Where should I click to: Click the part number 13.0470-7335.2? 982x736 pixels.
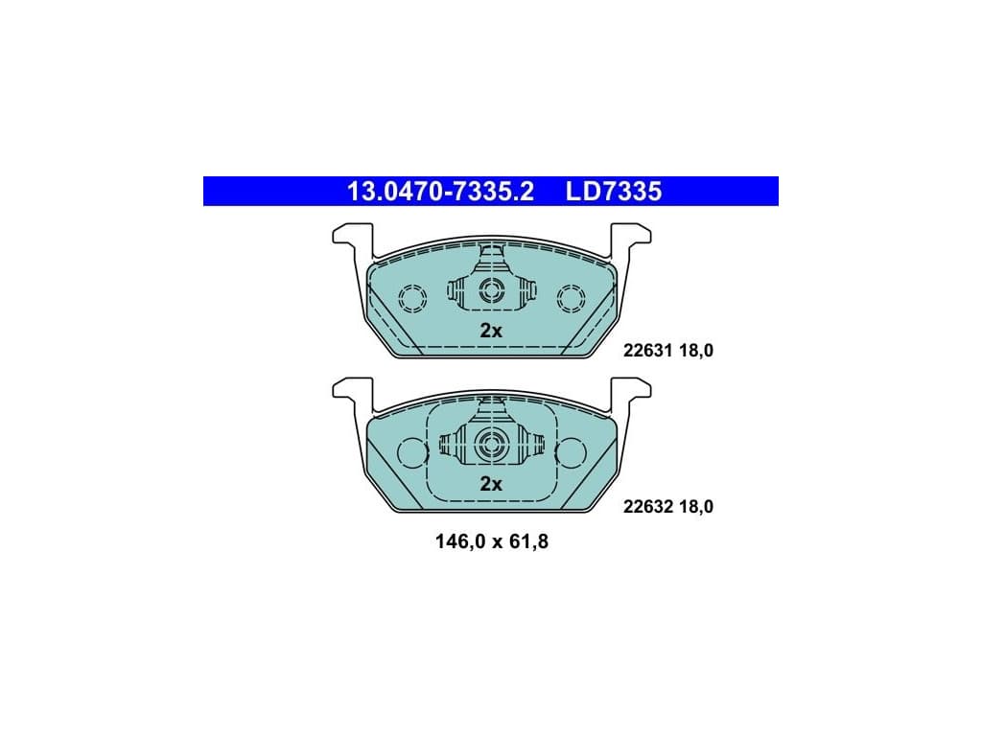point(440,192)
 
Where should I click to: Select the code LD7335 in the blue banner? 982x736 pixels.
point(614,192)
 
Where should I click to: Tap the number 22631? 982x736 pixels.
point(647,351)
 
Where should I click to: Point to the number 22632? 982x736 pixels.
point(647,506)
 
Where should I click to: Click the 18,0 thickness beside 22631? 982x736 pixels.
point(696,351)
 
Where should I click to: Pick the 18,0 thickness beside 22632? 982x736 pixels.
point(696,506)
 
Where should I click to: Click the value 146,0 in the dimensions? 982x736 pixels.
point(460,541)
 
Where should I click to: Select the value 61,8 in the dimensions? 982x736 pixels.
point(528,541)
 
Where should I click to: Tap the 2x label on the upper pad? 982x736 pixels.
point(491,331)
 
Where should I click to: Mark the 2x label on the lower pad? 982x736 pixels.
point(491,484)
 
